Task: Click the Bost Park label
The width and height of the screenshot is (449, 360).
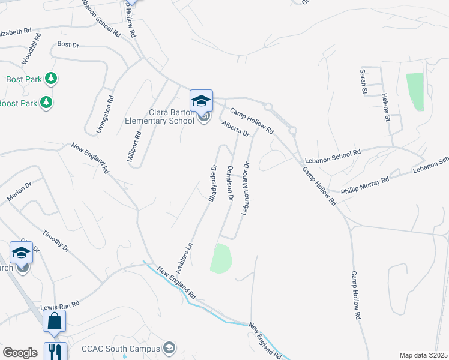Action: click(23, 79)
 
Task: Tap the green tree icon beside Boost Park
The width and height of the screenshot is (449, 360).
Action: click(46, 103)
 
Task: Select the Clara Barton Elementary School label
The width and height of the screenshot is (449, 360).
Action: click(160, 116)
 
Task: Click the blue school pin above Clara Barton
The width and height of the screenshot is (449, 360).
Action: click(201, 100)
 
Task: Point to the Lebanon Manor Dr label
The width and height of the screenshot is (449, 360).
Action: click(246, 188)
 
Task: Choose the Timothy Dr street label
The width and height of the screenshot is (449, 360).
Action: click(56, 240)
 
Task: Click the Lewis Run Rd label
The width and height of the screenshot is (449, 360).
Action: click(60, 307)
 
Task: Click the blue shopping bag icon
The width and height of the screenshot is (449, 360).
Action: click(54, 321)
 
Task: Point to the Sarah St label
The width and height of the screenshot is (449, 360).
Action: click(363, 81)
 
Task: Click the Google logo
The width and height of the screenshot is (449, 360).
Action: click(20, 353)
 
